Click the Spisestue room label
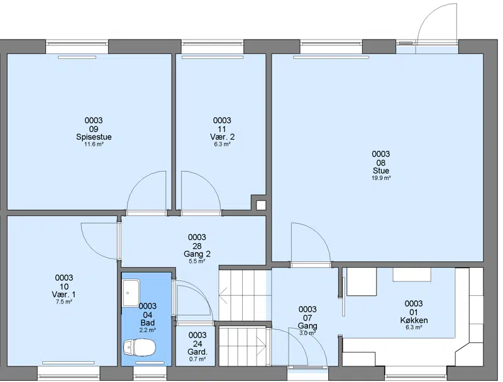[x=94, y=137]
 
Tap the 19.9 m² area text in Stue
[x=381, y=178]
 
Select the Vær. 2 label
[x=223, y=137]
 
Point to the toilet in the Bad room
[x=139, y=347]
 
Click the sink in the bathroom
[x=131, y=293]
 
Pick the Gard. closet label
[x=197, y=352]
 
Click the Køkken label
[x=414, y=320]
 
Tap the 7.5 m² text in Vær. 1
[x=64, y=302]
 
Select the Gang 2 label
[x=197, y=254]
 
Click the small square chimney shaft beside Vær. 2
[x=261, y=205]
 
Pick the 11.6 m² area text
[x=94, y=145]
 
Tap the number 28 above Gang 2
[x=197, y=246]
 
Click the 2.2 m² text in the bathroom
[x=148, y=330]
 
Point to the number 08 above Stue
[x=381, y=163]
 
